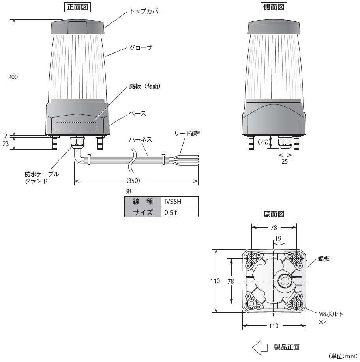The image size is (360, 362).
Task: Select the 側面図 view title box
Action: point(274,7)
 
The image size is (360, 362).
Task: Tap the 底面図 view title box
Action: point(274,214)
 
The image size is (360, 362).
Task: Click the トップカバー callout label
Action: point(146,11)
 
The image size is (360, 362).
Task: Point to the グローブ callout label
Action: point(141,48)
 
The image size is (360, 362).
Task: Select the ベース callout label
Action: point(138,113)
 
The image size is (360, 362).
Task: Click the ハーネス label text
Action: point(141,140)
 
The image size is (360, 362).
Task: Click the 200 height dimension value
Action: point(13,77)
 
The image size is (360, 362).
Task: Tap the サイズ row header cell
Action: point(142,212)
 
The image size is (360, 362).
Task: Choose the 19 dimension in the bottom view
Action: point(278,238)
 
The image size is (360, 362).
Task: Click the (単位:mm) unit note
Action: point(343,356)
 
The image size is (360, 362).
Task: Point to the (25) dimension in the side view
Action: point(264,141)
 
